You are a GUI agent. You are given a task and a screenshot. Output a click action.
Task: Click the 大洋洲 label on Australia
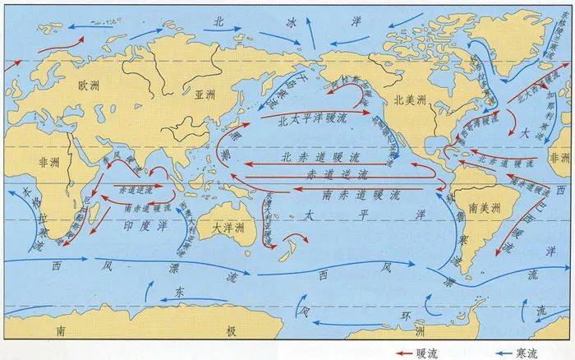coord(227,227)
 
